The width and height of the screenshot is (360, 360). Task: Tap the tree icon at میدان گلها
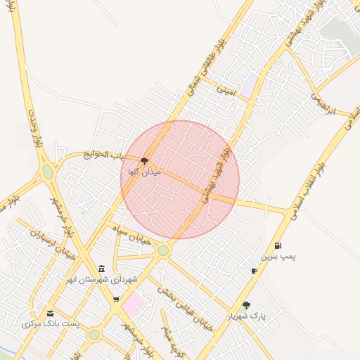[x=145, y=161]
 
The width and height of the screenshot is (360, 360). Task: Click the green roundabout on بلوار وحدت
[x=47, y=171]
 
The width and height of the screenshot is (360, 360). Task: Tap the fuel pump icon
[x=278, y=245]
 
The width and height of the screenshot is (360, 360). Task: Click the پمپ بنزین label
[x=279, y=257]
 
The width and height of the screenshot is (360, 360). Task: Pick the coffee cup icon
[x=254, y=271]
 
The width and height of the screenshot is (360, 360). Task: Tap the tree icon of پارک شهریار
[x=246, y=305]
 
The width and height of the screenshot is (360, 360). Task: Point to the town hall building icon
[x=102, y=269]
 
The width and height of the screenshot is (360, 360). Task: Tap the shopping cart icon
[x=115, y=300]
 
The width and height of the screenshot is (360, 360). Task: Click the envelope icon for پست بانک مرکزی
[x=50, y=314]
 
